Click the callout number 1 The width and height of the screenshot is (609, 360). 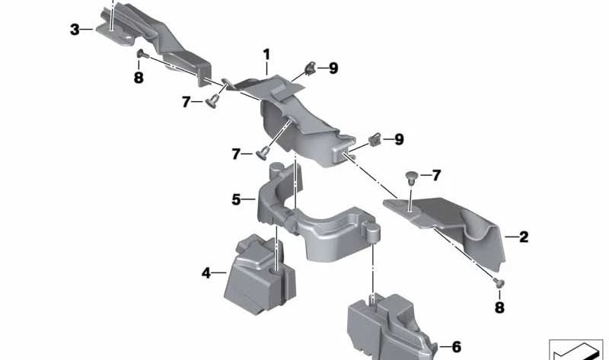[x=266, y=54]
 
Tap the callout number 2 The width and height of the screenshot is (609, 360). [x=524, y=237]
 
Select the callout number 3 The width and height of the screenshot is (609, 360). [x=75, y=29]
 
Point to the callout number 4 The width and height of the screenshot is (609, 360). [x=206, y=272]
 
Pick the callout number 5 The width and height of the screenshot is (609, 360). [x=236, y=199]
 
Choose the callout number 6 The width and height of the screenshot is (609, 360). [x=456, y=347]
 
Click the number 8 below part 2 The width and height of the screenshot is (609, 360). [x=499, y=307]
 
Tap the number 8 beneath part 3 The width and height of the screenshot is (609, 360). [x=139, y=78]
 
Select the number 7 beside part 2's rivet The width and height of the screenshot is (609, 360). [x=436, y=175]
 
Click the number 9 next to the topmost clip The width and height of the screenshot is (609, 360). [x=333, y=68]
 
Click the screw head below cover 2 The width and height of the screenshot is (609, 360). [x=499, y=282]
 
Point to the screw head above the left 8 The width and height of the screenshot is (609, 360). [x=142, y=54]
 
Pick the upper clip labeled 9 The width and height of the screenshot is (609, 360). [x=311, y=68]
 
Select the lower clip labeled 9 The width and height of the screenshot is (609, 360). [x=375, y=139]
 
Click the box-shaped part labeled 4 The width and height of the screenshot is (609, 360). [x=260, y=275]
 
